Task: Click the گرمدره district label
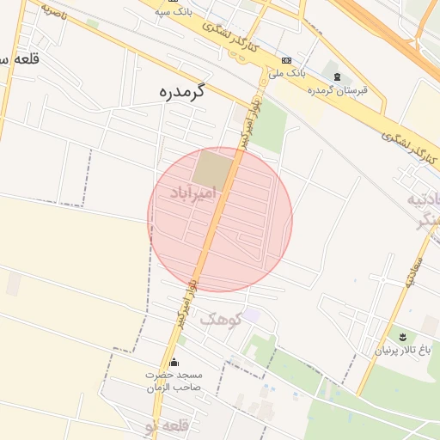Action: click(185, 91)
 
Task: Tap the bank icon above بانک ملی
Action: click(286, 60)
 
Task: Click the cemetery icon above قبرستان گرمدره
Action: click(336, 76)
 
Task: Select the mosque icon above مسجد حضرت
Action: click(175, 361)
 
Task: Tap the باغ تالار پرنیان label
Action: click(406, 350)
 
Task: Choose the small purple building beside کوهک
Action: click(250, 315)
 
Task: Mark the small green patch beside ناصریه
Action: click(92, 23)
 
